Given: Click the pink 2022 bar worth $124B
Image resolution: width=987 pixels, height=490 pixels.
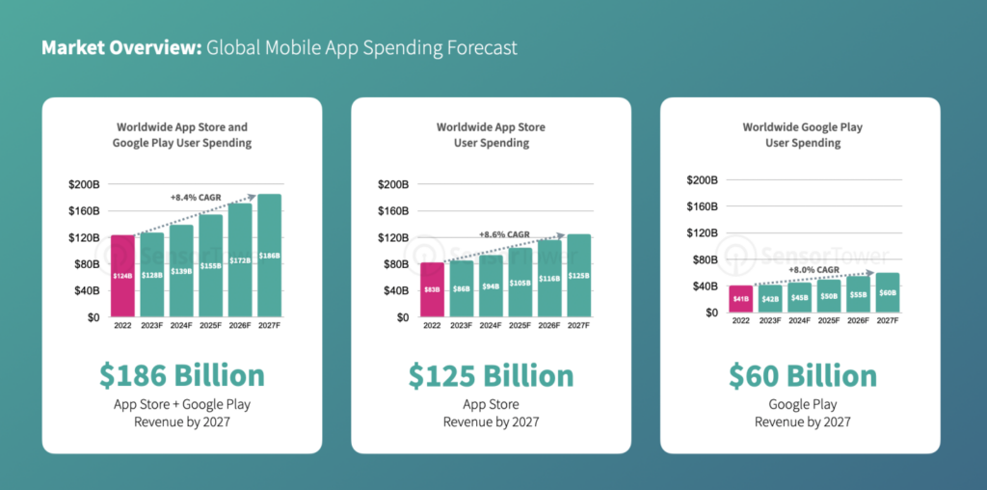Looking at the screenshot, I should (x=122, y=275).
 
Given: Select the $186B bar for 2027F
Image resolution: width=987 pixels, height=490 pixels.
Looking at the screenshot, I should (x=269, y=255).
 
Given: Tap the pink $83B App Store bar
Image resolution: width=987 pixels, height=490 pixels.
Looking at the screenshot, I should (x=432, y=289).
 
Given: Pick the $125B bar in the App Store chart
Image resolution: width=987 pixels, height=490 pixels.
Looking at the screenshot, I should (x=578, y=275).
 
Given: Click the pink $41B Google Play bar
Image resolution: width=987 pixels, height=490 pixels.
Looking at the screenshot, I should (x=740, y=298).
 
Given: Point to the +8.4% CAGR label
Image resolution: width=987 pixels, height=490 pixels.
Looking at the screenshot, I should (x=196, y=197).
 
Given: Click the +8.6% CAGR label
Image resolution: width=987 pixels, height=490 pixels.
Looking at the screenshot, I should (x=504, y=233).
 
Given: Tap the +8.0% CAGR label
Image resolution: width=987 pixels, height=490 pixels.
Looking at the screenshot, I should (x=814, y=269).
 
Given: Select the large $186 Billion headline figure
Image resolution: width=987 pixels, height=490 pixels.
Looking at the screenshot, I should (x=181, y=375).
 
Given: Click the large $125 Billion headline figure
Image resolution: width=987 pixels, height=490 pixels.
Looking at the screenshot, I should (x=491, y=375).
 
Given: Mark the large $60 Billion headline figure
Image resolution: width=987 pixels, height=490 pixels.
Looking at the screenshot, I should (x=802, y=375).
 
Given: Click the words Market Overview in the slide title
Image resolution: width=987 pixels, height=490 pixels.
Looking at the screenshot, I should (x=120, y=47).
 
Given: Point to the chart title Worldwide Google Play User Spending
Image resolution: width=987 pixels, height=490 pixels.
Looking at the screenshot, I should (x=802, y=134).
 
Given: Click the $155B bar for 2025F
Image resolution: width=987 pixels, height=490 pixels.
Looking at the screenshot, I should (x=210, y=265).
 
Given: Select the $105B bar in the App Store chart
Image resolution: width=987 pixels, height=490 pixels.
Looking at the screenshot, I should (x=520, y=283).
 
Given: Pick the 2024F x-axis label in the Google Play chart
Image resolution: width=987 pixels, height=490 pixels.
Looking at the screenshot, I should (x=799, y=320).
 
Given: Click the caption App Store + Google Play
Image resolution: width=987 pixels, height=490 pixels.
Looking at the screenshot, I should (x=181, y=404).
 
